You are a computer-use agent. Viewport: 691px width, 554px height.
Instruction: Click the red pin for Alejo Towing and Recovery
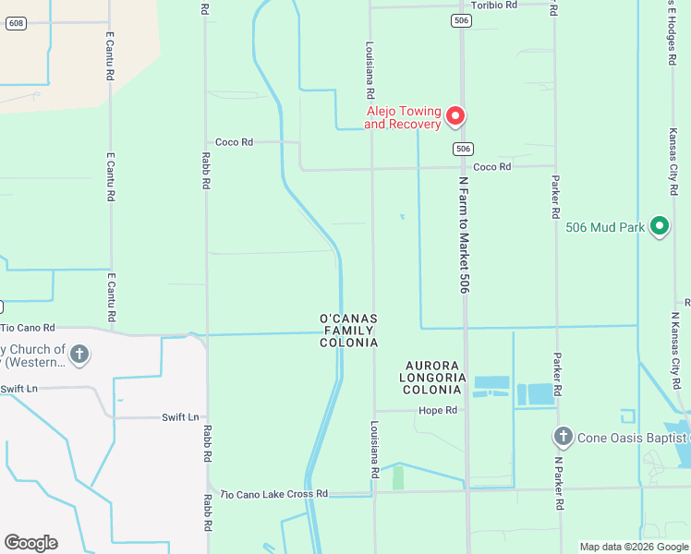pyautogui.click(x=455, y=115)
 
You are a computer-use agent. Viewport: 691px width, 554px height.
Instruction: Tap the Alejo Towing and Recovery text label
pyautogui.click(x=402, y=116)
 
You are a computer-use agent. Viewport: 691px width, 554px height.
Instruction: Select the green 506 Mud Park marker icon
pyautogui.click(x=659, y=225)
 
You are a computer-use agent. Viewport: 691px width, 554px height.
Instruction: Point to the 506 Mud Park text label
pyautogui.click(x=604, y=226)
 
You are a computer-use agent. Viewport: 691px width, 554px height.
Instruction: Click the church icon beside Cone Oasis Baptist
pyautogui.click(x=563, y=435)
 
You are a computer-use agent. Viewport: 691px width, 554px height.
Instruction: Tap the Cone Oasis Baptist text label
pyautogui.click(x=634, y=437)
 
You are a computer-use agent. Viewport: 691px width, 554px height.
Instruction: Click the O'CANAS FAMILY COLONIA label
pyautogui.click(x=348, y=331)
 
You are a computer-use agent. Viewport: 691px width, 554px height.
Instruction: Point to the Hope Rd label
pyautogui.click(x=438, y=410)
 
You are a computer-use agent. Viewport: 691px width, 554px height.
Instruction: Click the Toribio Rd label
pyautogui.click(x=494, y=5)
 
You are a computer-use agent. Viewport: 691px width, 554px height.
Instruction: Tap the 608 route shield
pyautogui.click(x=15, y=23)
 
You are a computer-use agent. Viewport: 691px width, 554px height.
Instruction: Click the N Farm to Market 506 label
pyautogui.click(x=465, y=236)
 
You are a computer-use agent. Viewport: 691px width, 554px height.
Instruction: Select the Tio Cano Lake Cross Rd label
pyautogui.click(x=274, y=494)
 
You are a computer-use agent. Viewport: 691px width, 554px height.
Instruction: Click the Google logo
pyautogui.click(x=30, y=542)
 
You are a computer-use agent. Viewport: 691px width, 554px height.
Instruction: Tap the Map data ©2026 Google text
pyautogui.click(x=635, y=547)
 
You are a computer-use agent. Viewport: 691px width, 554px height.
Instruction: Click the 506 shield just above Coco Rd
pyautogui.click(x=463, y=149)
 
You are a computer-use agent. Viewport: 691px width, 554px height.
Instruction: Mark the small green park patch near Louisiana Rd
pyautogui.click(x=398, y=478)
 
